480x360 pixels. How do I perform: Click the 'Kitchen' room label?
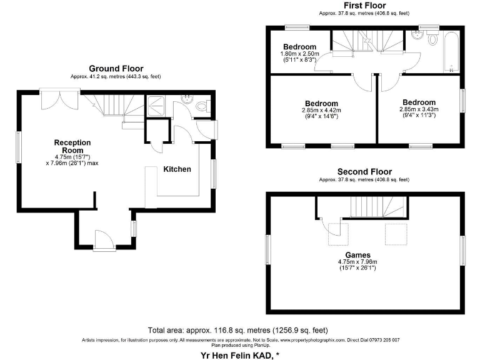[177, 169]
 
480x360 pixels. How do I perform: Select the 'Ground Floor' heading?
[116, 69]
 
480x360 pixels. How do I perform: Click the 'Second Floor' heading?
[364, 171]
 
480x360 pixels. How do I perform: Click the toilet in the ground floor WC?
[200, 107]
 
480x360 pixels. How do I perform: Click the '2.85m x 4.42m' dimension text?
[321, 111]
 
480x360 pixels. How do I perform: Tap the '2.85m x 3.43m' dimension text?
[418, 109]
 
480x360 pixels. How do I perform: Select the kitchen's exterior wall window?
[214, 173]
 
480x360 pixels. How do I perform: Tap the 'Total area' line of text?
[238, 330]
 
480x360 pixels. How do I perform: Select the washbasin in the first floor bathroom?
[415, 36]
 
